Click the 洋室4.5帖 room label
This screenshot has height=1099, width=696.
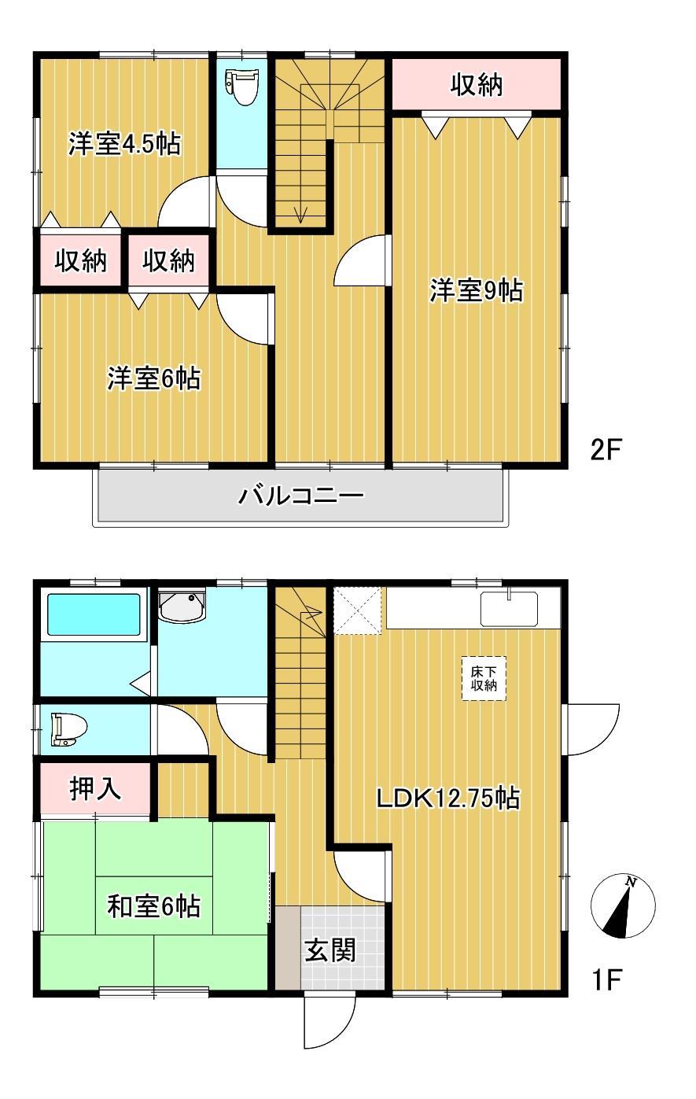click(x=124, y=145)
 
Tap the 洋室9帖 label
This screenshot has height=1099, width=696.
click(x=476, y=291)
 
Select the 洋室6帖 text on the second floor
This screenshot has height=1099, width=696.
click(x=153, y=379)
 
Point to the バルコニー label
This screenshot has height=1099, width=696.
click(x=302, y=496)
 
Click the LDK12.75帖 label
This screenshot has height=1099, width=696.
click(x=447, y=799)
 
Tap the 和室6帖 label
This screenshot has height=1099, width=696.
click(x=153, y=906)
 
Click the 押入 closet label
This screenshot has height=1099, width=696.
click(x=96, y=789)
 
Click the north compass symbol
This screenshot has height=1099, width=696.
click(x=623, y=905)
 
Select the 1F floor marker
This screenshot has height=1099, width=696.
click(x=606, y=980)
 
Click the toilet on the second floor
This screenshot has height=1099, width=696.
click(x=242, y=87)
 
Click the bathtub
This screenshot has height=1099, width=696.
click(x=94, y=614)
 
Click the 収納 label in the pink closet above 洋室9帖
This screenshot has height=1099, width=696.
click(x=477, y=85)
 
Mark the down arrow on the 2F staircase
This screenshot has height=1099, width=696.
click(x=300, y=212)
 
